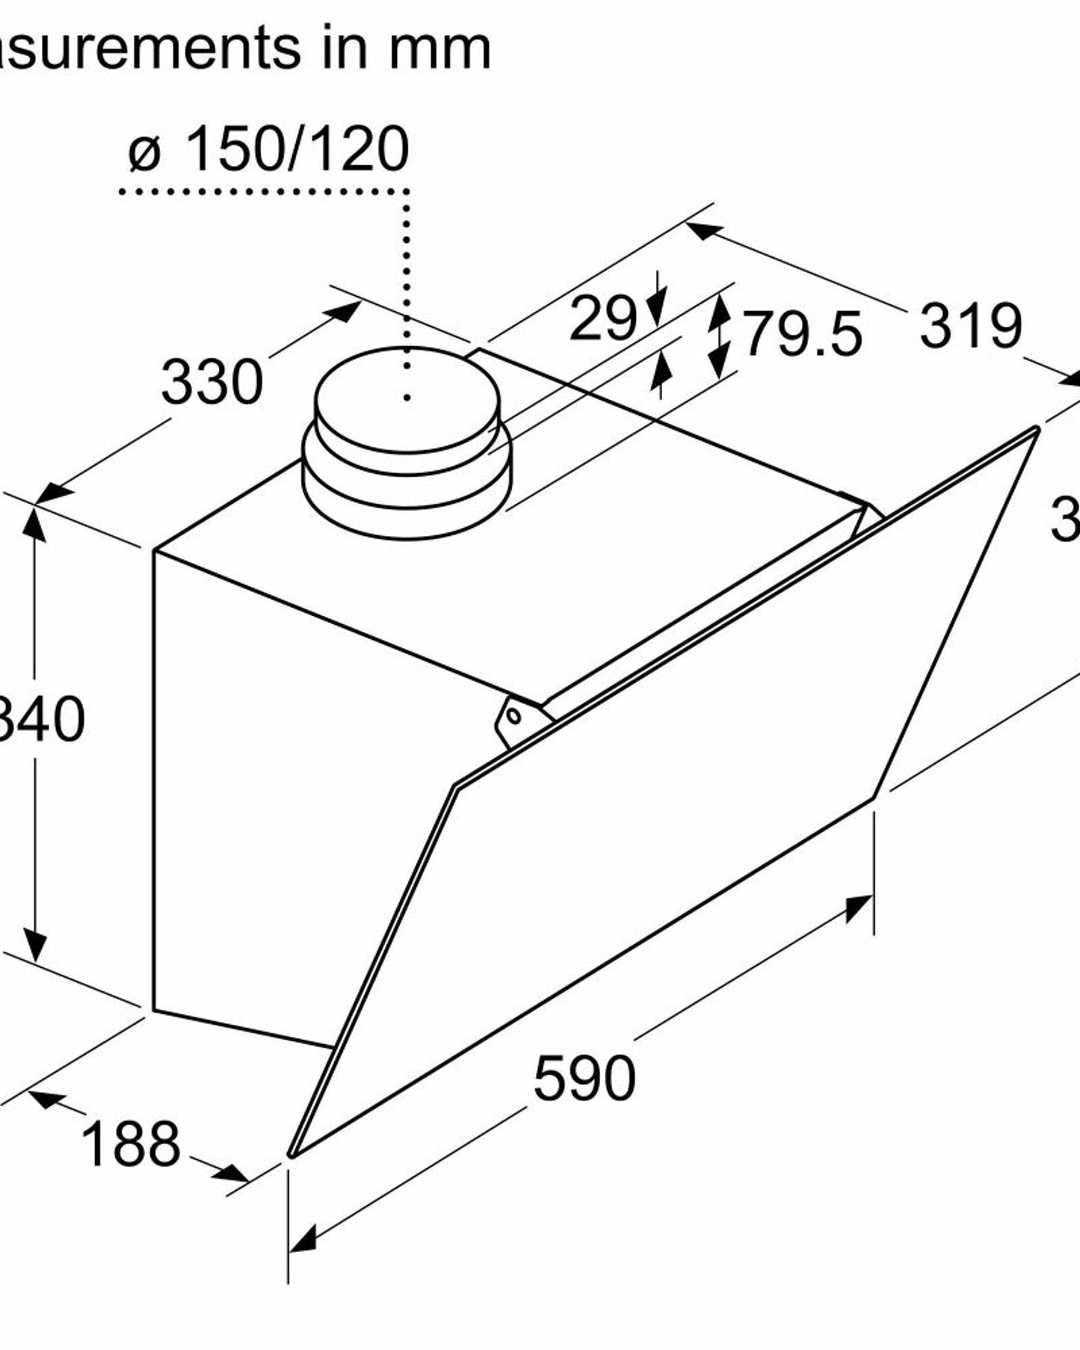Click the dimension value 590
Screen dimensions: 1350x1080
click(x=584, y=1078)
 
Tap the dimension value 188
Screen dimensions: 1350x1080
click(x=130, y=1144)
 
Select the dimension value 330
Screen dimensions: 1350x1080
click(x=212, y=382)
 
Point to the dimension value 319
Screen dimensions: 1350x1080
click(x=970, y=326)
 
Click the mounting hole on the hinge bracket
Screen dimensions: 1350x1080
click(x=514, y=715)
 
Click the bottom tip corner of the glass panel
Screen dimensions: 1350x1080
click(x=291, y=1155)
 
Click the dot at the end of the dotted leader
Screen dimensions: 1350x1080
click(x=407, y=398)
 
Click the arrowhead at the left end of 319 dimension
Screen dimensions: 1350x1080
click(x=703, y=232)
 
